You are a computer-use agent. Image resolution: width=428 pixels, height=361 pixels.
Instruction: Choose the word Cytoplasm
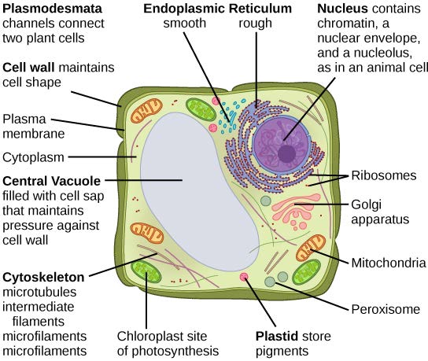(32, 157)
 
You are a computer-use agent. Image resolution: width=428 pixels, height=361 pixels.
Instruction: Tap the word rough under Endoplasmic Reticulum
(256, 24)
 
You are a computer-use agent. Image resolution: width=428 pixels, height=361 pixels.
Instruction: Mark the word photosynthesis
(167, 350)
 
